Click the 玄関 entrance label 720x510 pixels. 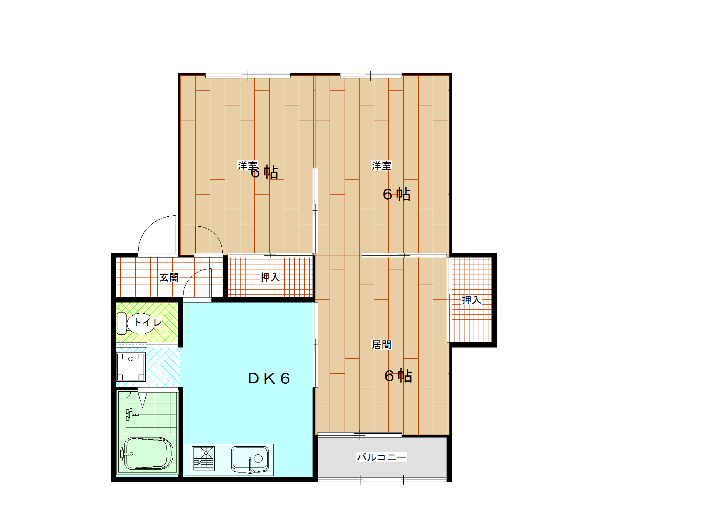(169, 277)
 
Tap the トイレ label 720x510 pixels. (147, 322)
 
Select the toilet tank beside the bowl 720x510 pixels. (122, 323)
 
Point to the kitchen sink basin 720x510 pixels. (250, 459)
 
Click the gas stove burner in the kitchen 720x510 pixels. (204, 458)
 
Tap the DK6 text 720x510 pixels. (269, 378)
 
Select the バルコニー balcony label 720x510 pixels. (382, 457)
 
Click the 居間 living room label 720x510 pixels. (382, 345)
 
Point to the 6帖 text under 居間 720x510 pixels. (398, 376)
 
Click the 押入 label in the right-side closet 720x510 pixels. (472, 300)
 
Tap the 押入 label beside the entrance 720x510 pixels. (270, 277)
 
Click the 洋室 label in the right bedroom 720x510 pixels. (382, 165)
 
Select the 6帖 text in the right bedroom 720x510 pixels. (397, 194)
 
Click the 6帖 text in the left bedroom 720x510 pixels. (265, 172)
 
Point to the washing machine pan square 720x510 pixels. (131, 367)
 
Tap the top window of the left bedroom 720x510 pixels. (248, 76)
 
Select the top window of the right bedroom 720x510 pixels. (371, 76)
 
